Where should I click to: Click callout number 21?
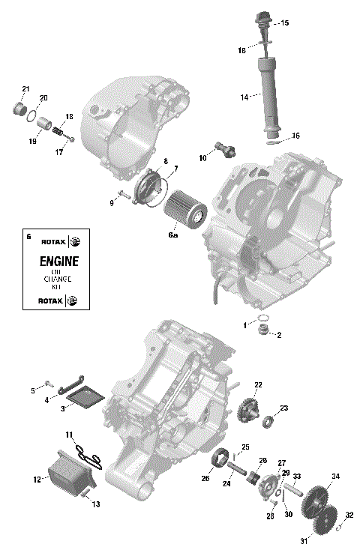(x=25, y=90)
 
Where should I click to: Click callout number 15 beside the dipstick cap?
(x=284, y=24)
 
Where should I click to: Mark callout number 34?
(x=336, y=477)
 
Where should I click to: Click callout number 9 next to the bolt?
(x=112, y=202)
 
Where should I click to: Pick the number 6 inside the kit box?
(x=28, y=237)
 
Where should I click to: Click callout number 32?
(x=349, y=516)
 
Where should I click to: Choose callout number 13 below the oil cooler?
(x=95, y=504)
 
